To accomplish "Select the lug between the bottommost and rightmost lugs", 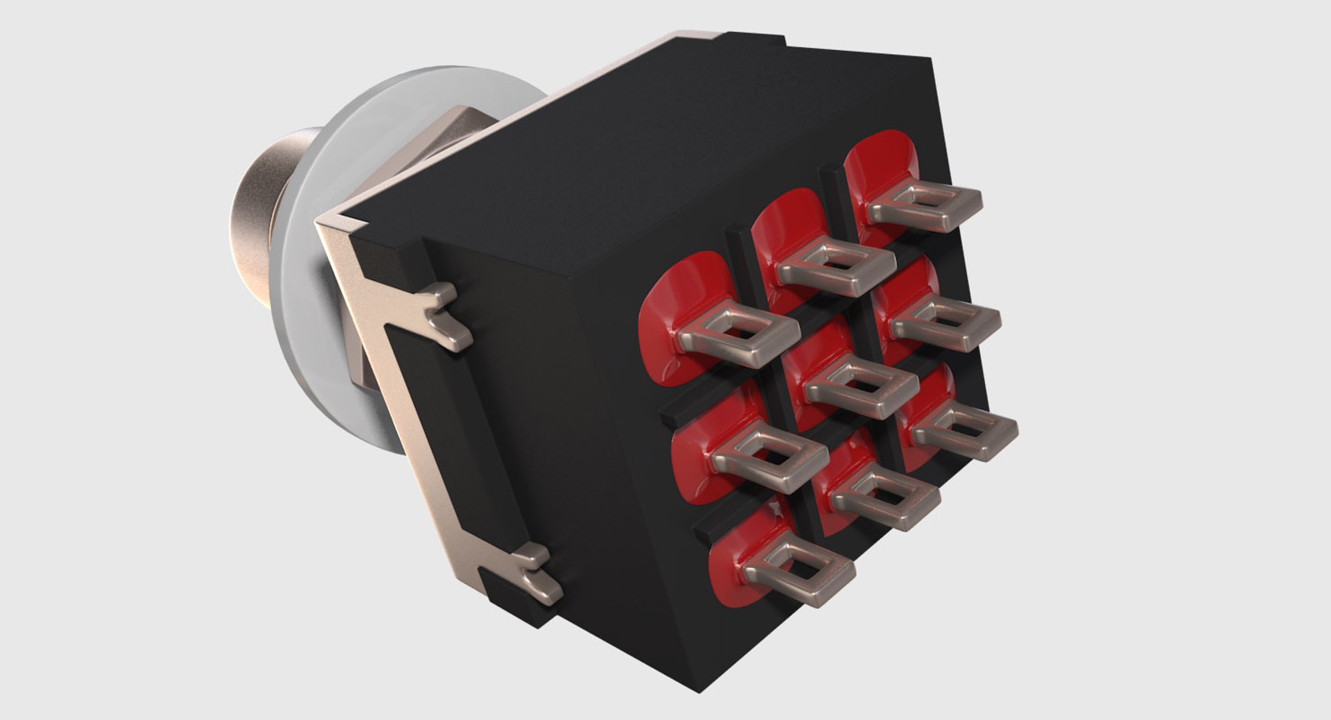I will (x=887, y=499).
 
